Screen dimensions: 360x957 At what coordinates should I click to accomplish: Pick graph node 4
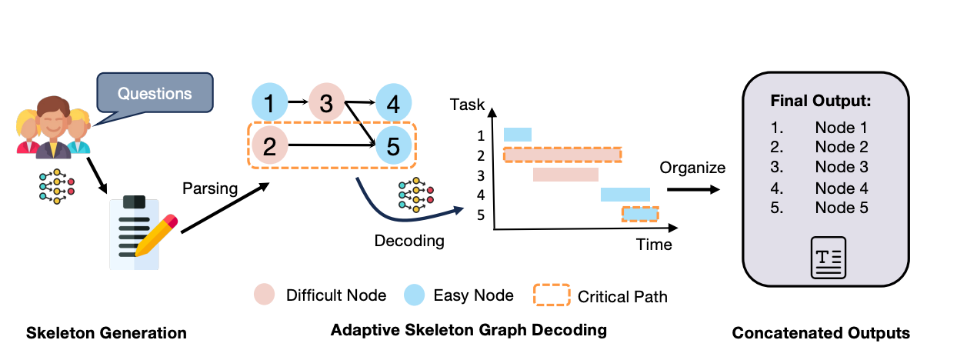[392, 102]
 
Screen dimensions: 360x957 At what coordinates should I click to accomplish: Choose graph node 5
[393, 145]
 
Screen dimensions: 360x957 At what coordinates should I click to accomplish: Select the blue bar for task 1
[517, 135]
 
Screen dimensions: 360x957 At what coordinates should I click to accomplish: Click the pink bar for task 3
[565, 175]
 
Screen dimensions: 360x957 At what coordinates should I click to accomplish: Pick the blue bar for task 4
[625, 194]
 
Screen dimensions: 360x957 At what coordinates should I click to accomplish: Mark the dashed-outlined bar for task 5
[640, 214]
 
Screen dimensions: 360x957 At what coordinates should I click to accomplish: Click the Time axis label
[653, 245]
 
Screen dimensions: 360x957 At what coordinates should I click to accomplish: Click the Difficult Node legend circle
[264, 295]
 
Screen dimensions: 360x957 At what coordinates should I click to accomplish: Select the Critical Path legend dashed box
[552, 295]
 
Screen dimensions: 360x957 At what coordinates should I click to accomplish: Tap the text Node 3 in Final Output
[841, 167]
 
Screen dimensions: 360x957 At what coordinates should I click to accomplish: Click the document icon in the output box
[828, 257]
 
